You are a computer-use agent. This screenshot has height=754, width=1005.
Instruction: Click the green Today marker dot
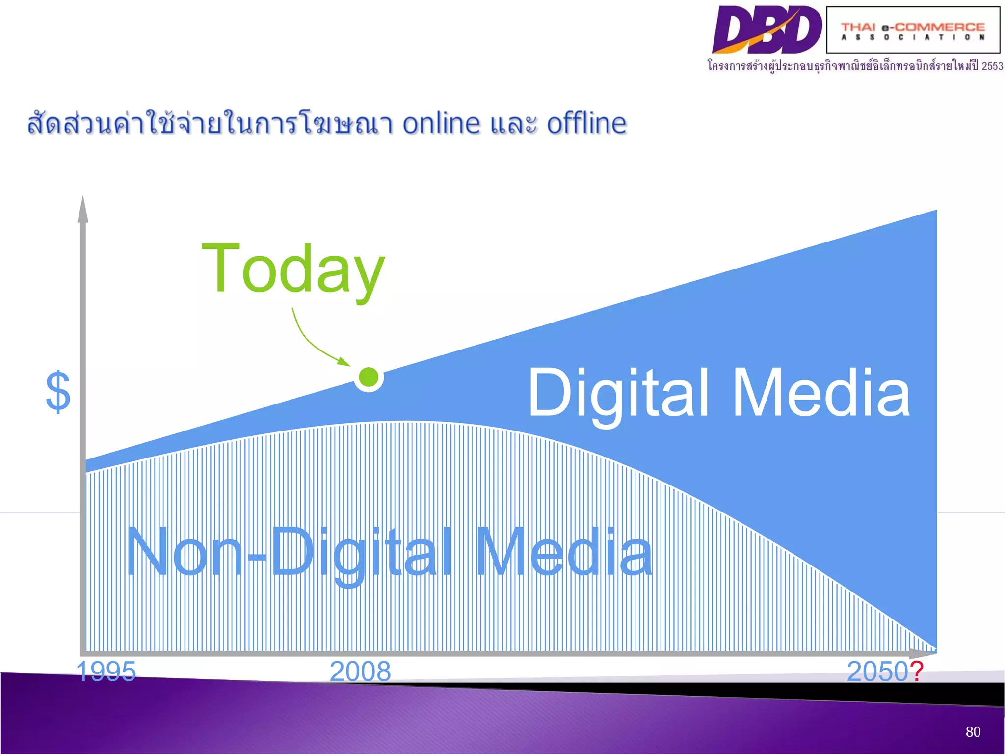tap(369, 377)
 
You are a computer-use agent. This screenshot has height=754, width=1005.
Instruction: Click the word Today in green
tap(293, 269)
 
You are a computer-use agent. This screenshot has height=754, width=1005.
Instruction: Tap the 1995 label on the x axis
tap(106, 671)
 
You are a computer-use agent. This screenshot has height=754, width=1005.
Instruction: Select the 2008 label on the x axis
tap(360, 671)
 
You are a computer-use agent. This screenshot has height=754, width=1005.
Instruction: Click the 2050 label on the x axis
tap(877, 671)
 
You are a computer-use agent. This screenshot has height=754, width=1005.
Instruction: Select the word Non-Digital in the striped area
tap(290, 552)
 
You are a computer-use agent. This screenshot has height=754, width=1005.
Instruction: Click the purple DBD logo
tap(767, 29)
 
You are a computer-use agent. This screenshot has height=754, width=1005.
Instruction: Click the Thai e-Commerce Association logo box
tap(913, 29)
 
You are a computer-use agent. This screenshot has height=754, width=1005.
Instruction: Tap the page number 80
tap(973, 732)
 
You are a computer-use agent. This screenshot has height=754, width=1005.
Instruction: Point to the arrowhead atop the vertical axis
tap(83, 209)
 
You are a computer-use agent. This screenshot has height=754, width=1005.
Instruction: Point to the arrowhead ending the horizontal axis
tap(923, 653)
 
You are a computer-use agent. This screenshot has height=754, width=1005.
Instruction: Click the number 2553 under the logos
tap(992, 66)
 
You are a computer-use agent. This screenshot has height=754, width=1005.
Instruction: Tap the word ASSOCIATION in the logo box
tap(913, 37)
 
